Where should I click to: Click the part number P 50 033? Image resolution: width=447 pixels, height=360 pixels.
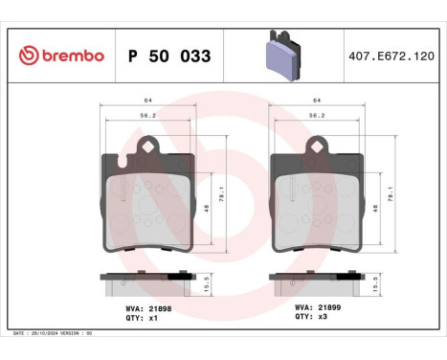coord(169,56)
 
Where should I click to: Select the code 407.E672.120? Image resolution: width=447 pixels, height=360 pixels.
coord(392,56)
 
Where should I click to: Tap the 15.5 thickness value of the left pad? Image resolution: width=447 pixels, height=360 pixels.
coord(208,284)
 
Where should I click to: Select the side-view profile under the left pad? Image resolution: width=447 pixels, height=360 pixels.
coord(147,282)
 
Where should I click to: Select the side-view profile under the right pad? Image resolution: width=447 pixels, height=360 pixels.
coord(317,282)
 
